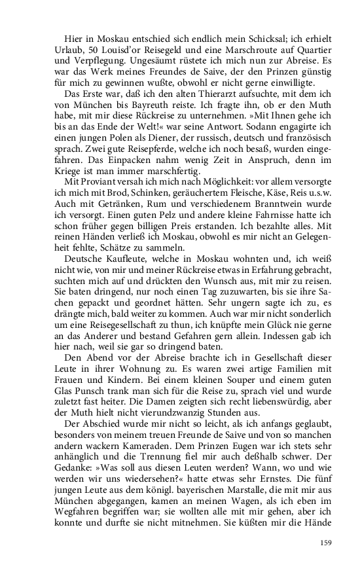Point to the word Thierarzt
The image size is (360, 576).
tap(196, 96)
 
